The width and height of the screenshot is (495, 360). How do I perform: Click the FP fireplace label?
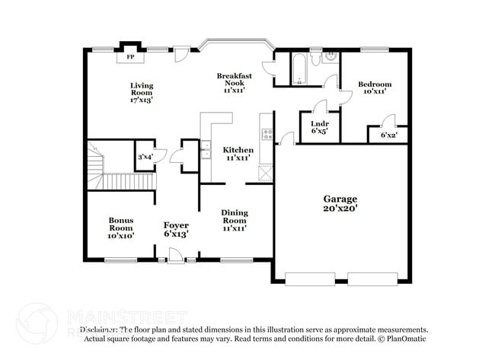coord(130,57)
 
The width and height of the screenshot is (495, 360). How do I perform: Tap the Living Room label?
coord(141,92)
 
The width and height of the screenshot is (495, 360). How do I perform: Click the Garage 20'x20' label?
coord(339,202)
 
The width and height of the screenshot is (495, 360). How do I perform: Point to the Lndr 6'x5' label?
coord(318,126)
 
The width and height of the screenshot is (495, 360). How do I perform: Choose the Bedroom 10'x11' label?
coord(374,87)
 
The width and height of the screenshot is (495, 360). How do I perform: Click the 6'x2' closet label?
coord(388,135)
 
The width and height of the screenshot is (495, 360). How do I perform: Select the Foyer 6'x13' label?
coord(176,229)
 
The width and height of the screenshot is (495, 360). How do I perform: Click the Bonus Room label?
coord(120,228)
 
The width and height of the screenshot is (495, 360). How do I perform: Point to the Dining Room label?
coord(235,220)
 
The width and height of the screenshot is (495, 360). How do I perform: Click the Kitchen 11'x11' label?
coord(238,154)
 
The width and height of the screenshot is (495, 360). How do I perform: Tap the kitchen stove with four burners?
coord(267,135)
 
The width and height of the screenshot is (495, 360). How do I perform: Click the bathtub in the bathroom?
coord(298,69)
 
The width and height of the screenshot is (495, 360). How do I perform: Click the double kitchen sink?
coord(206,149)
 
